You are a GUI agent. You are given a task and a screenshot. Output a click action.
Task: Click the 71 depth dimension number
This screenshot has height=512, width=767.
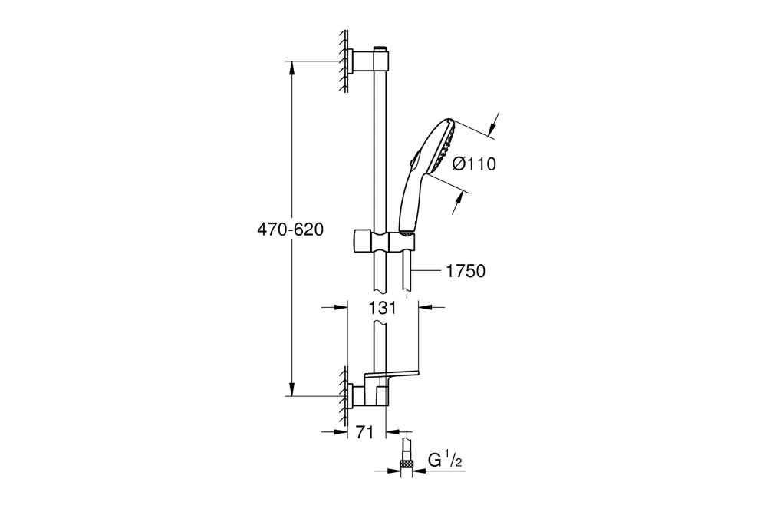[364, 433]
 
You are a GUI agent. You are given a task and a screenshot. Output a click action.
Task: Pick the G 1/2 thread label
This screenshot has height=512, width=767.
[443, 461]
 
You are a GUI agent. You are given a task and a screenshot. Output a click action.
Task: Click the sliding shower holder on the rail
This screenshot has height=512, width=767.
[383, 239]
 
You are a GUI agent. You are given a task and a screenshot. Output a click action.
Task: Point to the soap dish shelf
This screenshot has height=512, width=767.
[393, 375]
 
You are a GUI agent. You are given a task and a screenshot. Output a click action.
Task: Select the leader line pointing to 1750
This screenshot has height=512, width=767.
[426, 271]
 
